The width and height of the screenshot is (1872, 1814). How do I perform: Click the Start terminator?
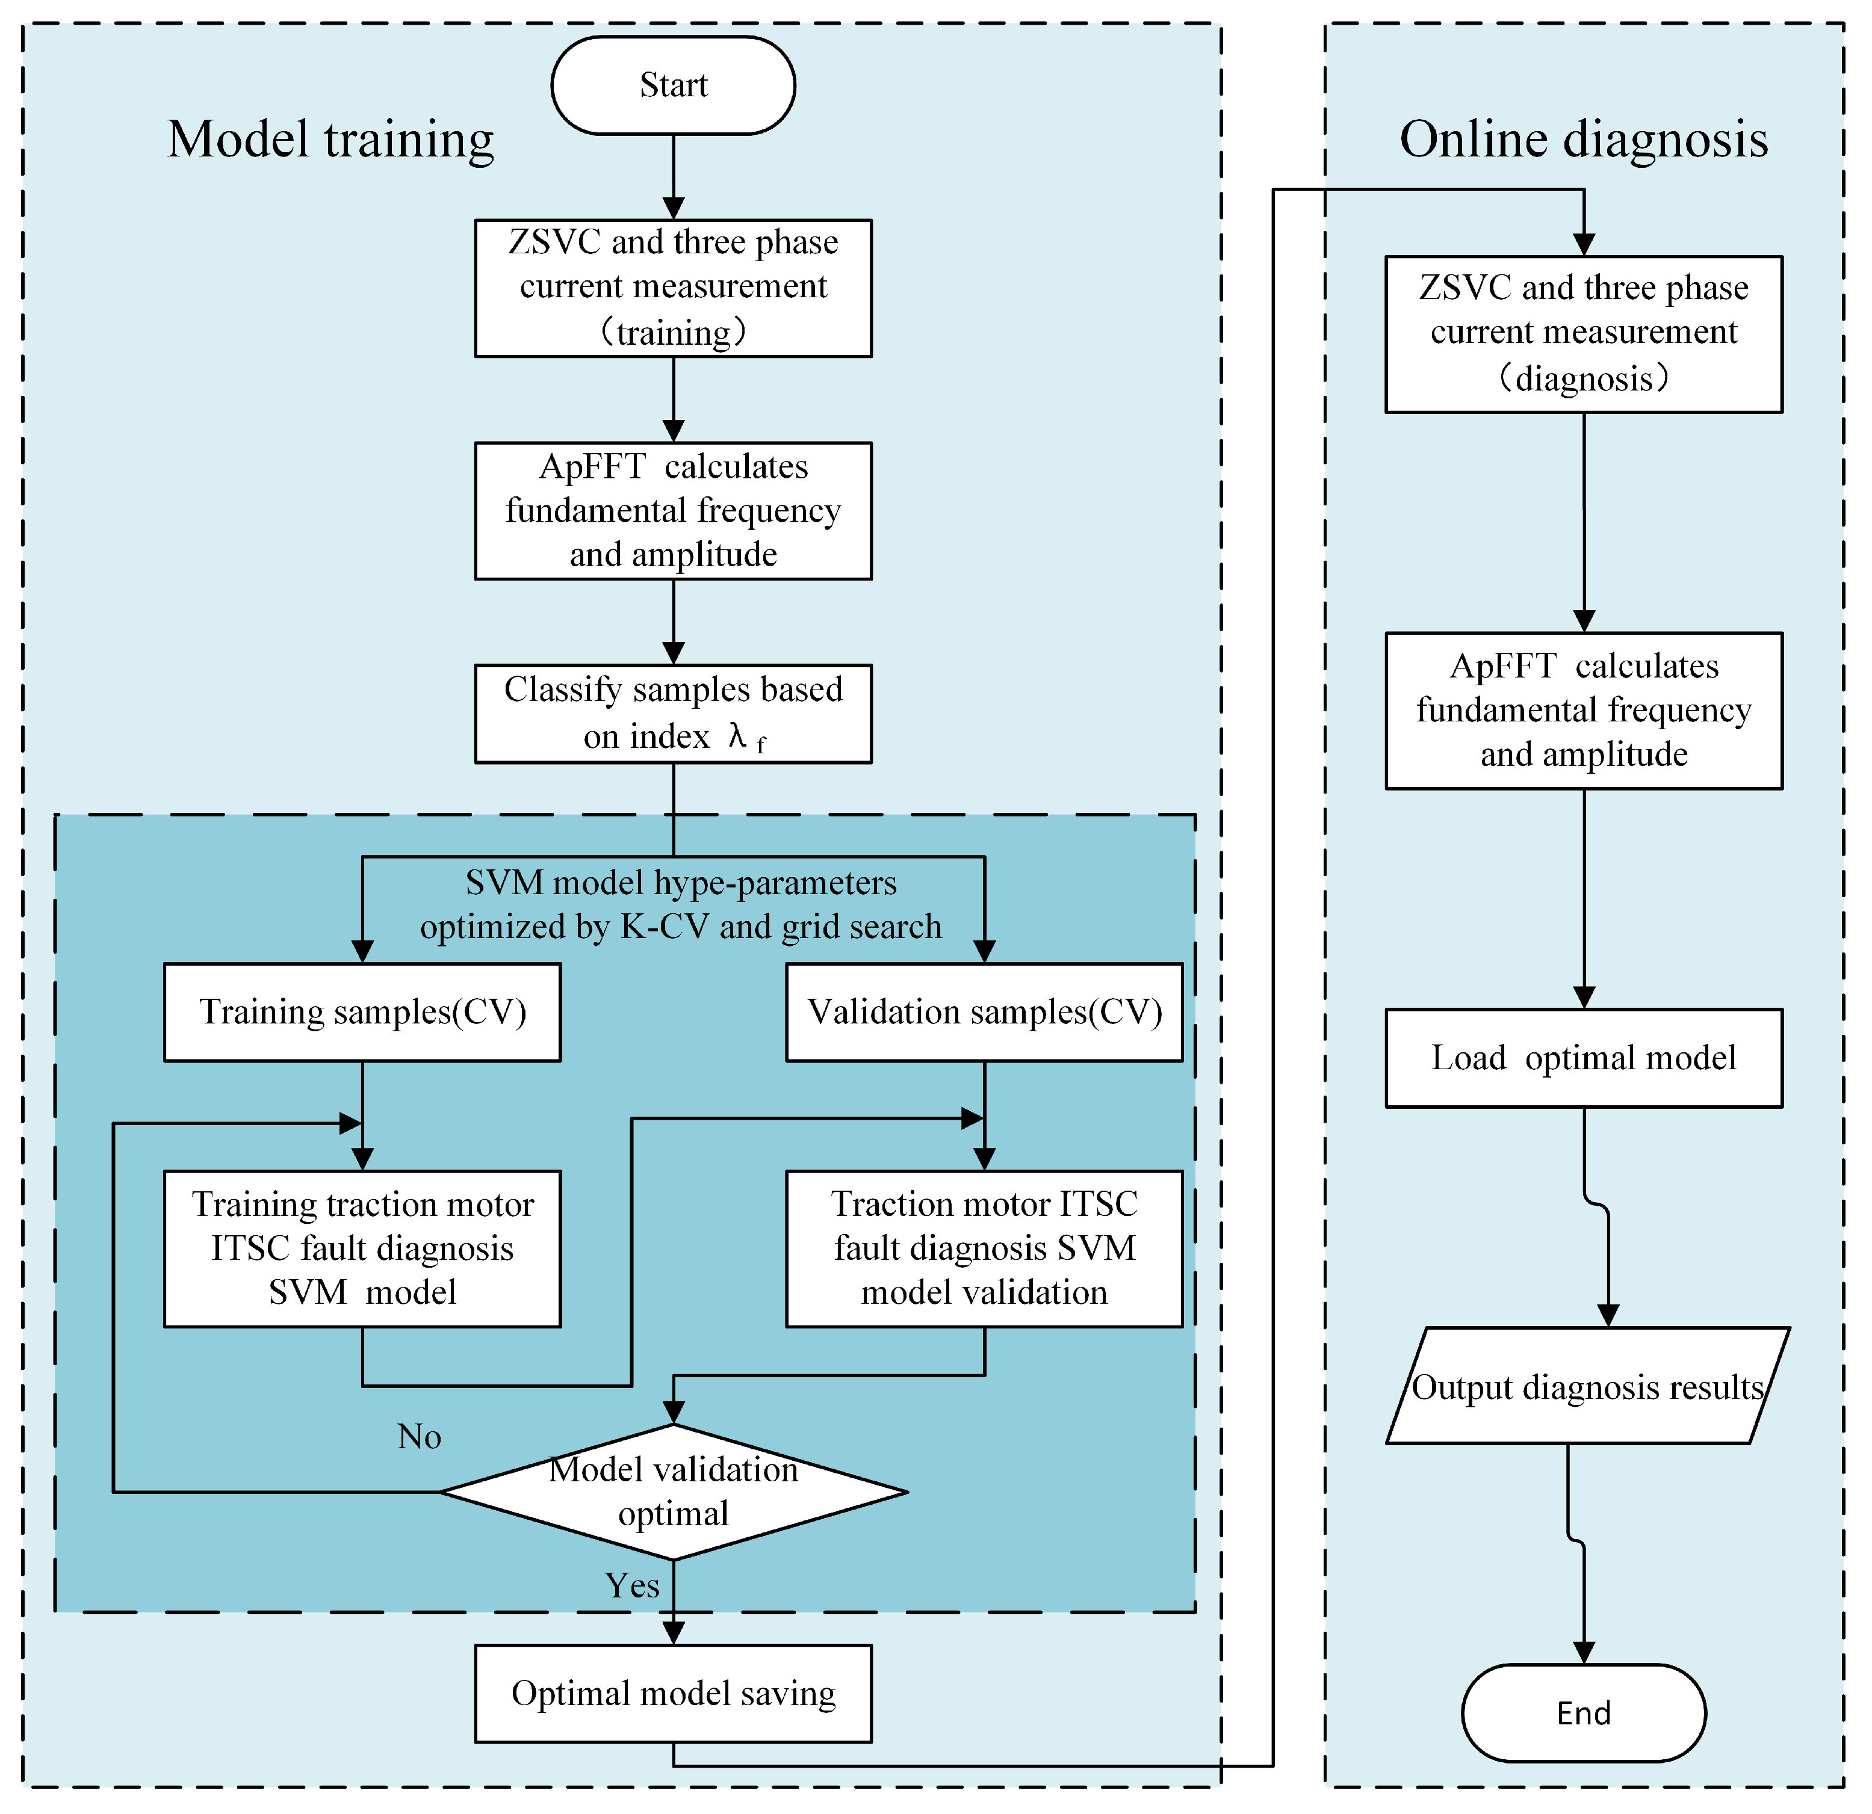pos(674,85)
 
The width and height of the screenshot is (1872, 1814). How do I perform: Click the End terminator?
pos(1584,1713)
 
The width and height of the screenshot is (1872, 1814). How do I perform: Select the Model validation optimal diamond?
pos(674,1492)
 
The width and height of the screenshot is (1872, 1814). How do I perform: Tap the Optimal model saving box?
pos(674,1692)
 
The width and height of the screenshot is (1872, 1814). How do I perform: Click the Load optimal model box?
pos(1584,1058)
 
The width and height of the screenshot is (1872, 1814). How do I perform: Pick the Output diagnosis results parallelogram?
pos(1587,1386)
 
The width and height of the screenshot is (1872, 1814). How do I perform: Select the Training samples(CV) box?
pos(362,1012)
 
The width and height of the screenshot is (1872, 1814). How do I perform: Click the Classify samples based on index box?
pos(674,713)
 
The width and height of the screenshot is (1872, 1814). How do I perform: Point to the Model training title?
pos(330,140)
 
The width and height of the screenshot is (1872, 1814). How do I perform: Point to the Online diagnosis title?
pos(1584,140)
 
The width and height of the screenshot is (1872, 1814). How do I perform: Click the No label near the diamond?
pos(420,1437)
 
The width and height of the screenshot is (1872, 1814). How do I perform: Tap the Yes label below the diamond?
pos(632,1586)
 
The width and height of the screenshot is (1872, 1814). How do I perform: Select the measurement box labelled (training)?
pos(674,288)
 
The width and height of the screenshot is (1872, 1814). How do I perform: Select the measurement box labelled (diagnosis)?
pos(1584,334)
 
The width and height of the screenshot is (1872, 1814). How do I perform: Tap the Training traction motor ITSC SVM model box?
pos(362,1249)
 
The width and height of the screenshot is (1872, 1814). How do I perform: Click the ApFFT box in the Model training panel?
pos(674,511)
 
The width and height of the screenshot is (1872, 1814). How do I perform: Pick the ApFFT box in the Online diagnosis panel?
pos(1584,711)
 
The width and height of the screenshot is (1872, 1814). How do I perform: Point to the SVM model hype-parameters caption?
pos(681,904)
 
